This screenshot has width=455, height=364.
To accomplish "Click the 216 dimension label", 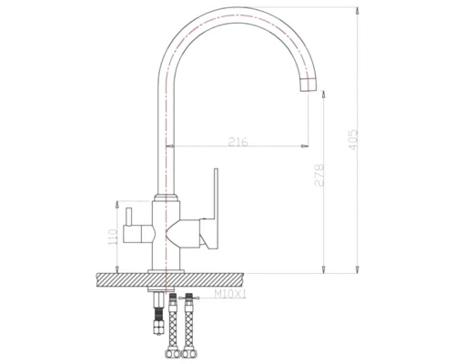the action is pos(238,142).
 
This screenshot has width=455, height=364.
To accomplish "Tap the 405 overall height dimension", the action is pos(353,140).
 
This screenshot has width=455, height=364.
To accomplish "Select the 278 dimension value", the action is pos(319,175).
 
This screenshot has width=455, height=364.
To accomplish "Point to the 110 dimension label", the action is pos(113,237).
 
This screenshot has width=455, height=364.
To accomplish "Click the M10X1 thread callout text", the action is pos(230,294).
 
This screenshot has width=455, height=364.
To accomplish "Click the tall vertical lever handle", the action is pos(216,194).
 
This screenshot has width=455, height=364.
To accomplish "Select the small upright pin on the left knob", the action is pos(128,217).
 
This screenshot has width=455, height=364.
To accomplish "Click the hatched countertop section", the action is pos(170,280).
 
